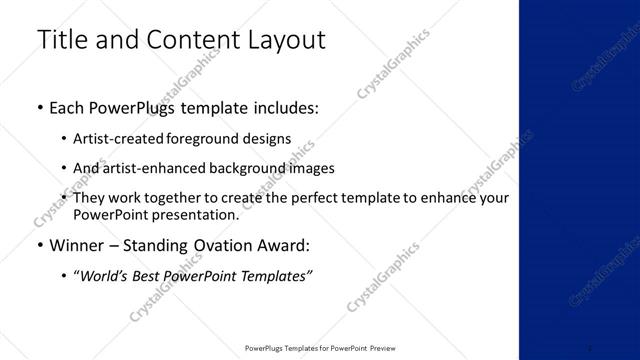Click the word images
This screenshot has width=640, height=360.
(312, 169)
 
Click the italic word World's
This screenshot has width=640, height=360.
(103, 276)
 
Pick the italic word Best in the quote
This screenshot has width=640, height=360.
(149, 276)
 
